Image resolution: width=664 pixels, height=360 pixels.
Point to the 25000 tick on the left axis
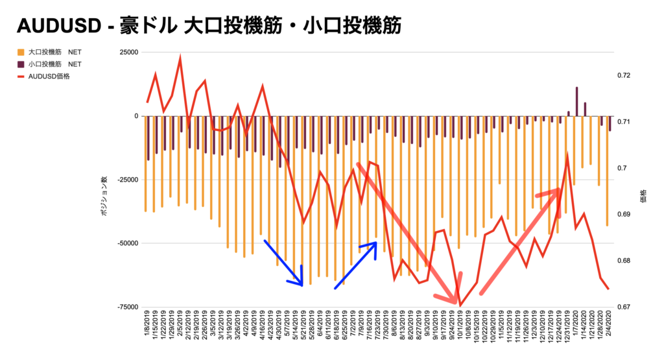[128, 52]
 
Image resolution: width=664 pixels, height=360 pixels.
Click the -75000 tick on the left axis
[126, 307]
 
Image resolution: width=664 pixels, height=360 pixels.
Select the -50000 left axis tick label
[126, 243]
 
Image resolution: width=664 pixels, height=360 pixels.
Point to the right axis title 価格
[643, 196]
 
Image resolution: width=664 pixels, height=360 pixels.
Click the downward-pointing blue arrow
[283, 262]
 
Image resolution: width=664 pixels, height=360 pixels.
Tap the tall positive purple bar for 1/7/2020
[576, 101]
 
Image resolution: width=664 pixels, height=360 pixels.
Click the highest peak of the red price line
[180, 58]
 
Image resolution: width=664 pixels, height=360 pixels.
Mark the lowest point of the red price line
[460, 305]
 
